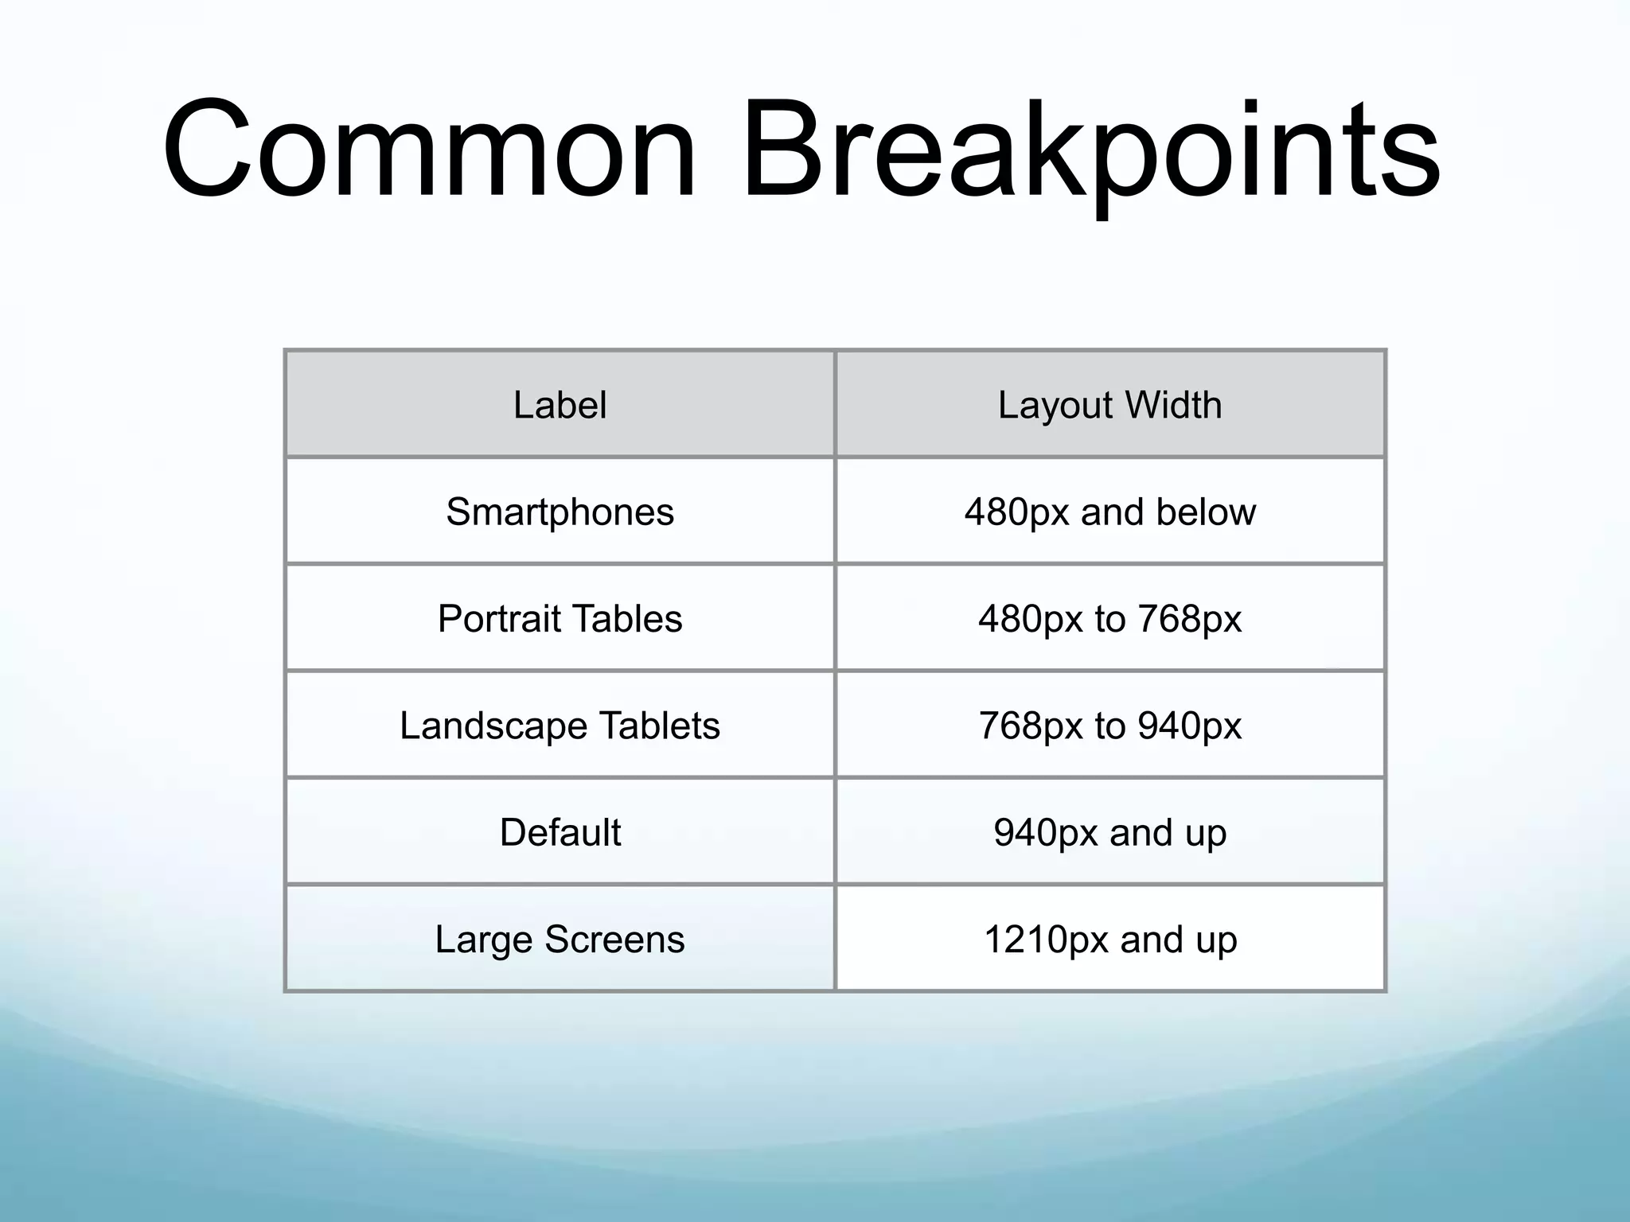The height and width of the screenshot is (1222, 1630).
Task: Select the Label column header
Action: tap(560, 405)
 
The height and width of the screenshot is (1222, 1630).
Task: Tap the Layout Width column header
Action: tap(1109, 405)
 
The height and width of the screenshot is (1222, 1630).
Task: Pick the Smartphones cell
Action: tap(560, 512)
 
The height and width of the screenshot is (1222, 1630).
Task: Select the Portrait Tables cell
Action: tap(560, 618)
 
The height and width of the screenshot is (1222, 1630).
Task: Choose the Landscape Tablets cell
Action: tap(560, 726)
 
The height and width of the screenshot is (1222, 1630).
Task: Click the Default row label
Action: tap(560, 832)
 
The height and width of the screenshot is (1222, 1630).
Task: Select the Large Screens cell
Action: tap(560, 939)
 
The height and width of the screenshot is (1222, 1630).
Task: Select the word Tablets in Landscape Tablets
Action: tap(659, 726)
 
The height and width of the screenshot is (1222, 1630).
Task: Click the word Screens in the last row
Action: tap(614, 939)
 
